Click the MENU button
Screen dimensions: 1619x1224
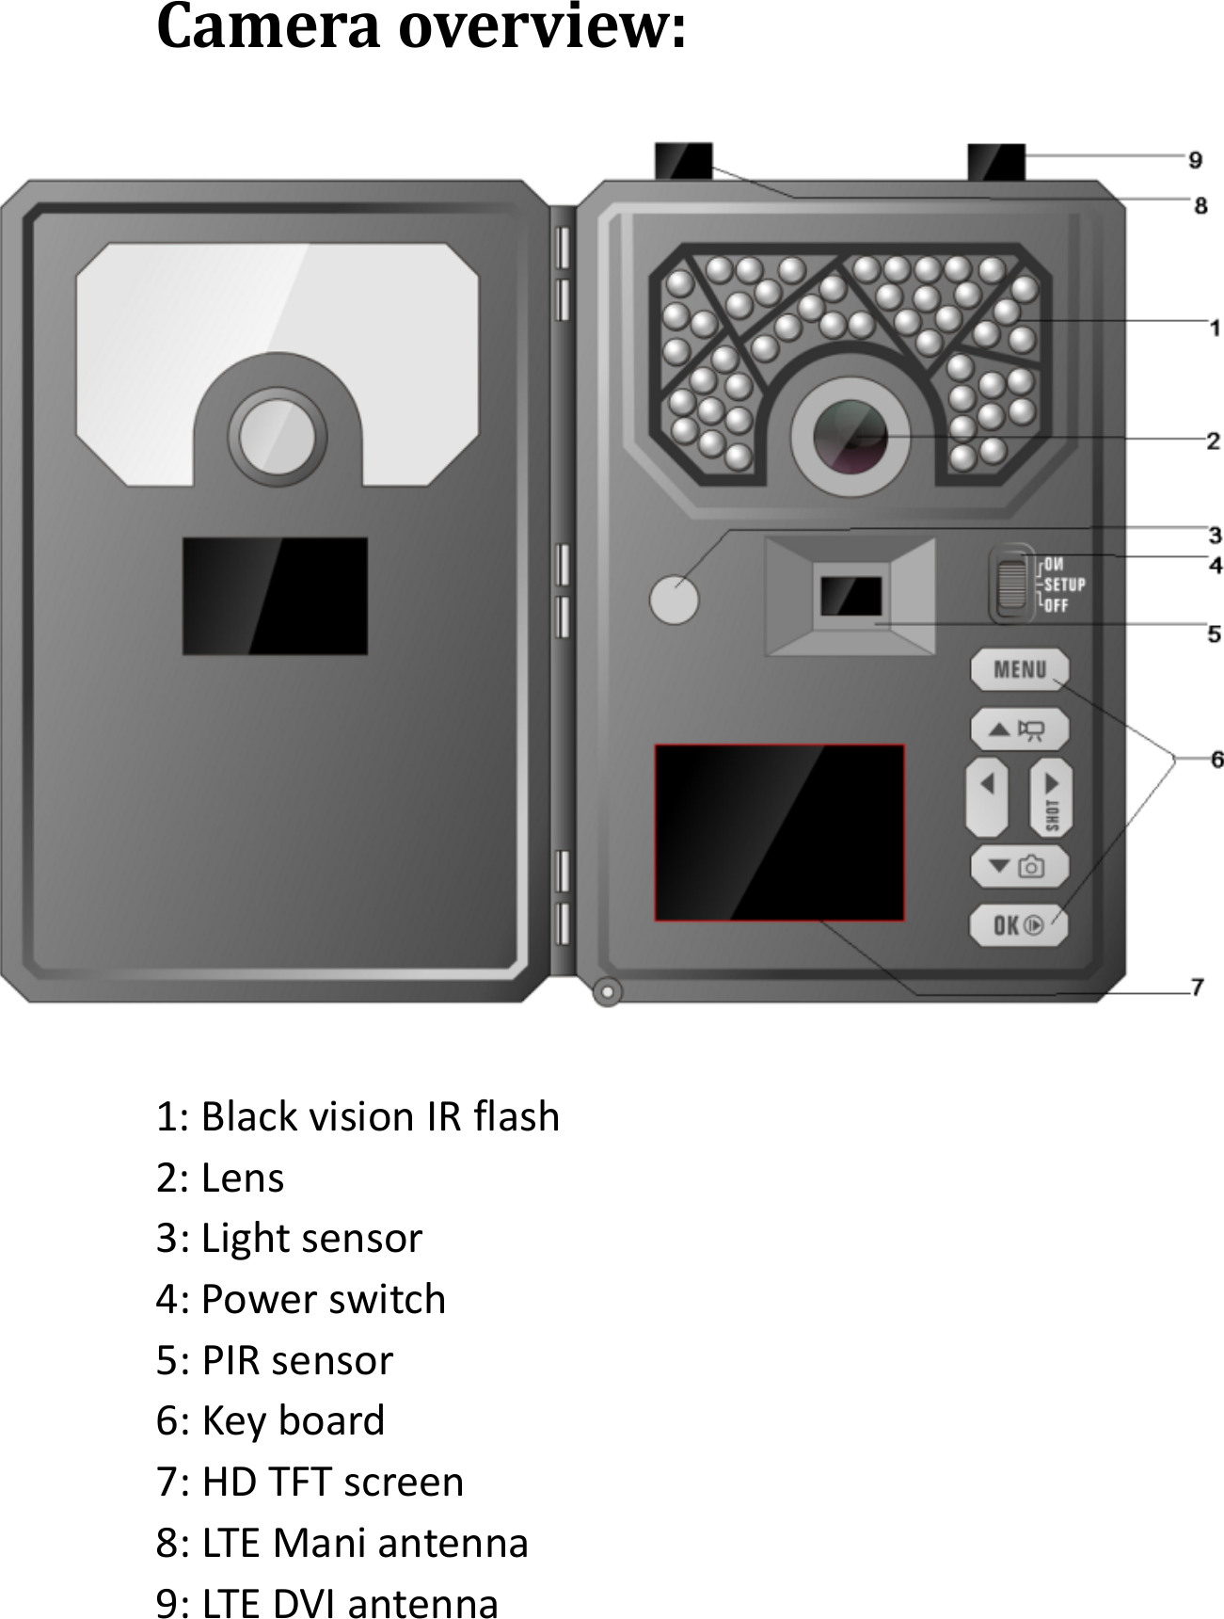pos(1020,669)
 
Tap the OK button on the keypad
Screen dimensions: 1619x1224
pos(1019,925)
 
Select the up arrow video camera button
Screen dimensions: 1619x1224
pos(1020,729)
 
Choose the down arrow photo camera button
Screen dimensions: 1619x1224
pos(1020,866)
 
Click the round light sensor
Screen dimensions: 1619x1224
pos(674,598)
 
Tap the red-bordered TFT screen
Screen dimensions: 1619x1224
pos(780,832)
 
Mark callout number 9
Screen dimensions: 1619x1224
pos(1195,160)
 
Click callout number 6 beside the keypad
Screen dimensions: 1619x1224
pos(1216,759)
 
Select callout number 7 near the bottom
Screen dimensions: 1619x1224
pos(1198,986)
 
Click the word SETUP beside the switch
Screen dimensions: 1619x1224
pos(1065,585)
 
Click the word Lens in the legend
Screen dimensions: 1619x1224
pos(243,1178)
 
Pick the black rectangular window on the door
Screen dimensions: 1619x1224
pos(275,596)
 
